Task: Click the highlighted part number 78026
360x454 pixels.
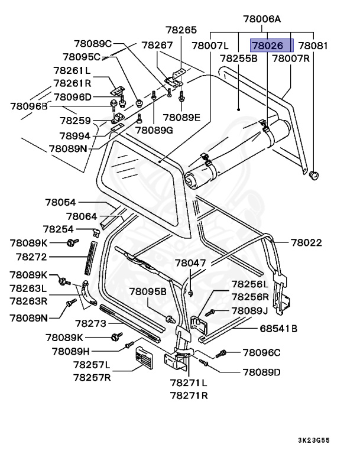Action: [271, 45]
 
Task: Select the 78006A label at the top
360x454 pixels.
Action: [263, 20]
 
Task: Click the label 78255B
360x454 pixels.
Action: [238, 59]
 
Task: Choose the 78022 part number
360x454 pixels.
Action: [306, 242]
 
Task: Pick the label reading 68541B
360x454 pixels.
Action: [278, 329]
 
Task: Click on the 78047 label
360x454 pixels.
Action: [190, 262]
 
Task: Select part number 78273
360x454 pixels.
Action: [90, 323]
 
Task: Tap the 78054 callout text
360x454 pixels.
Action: [61, 202]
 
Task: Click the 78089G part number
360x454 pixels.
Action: [154, 130]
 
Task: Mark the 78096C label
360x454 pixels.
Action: [261, 353]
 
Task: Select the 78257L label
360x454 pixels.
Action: [92, 365]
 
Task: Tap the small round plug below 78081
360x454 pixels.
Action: [313, 175]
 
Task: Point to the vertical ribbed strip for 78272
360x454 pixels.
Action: [90, 258]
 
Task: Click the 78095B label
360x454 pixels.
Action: [148, 291]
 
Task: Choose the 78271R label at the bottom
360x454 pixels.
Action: [189, 395]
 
